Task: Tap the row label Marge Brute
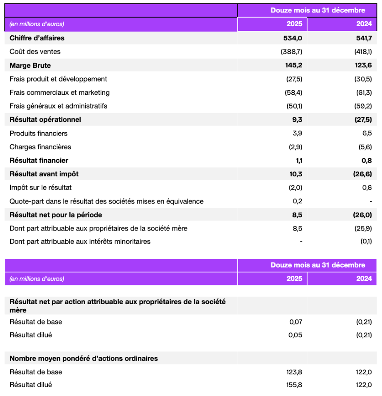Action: coord(30,65)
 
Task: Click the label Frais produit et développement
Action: coord(58,79)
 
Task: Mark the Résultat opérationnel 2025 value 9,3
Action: coord(297,120)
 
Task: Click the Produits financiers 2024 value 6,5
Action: coord(367,134)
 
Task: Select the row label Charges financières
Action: coord(40,147)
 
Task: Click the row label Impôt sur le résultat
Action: coord(41,188)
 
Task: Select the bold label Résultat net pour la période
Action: coord(56,215)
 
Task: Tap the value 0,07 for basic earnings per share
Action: coord(295,322)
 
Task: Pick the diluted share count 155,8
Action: coord(294,385)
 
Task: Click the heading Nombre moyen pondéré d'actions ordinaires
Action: coord(84,358)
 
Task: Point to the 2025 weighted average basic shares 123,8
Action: coord(294,371)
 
